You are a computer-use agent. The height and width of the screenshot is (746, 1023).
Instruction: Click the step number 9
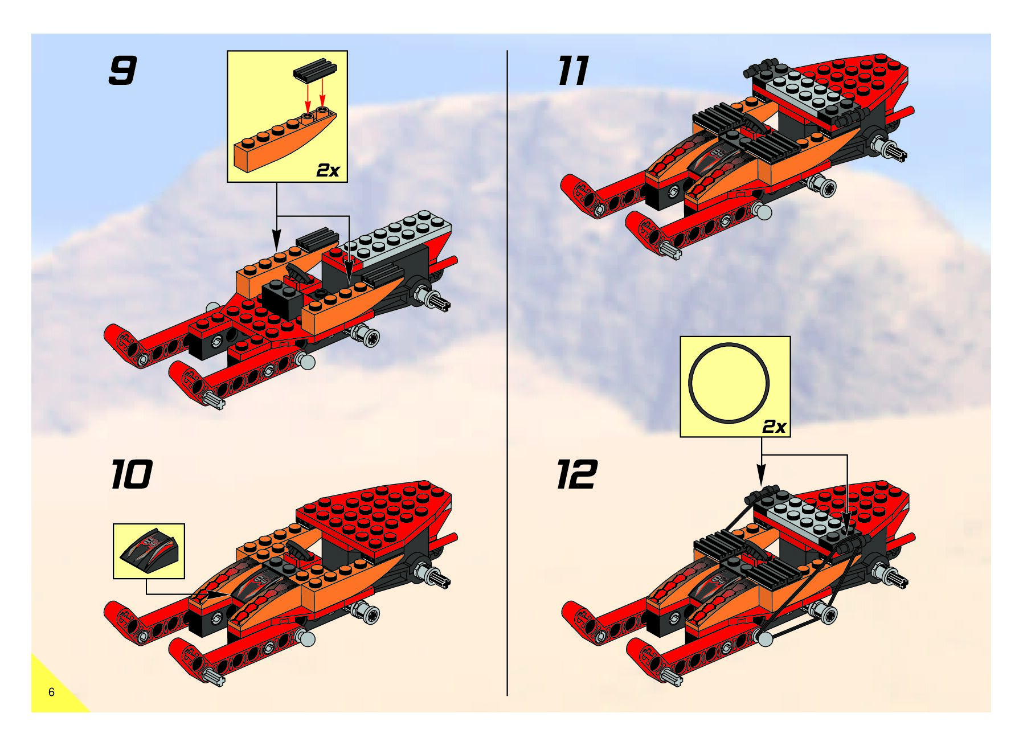(x=122, y=71)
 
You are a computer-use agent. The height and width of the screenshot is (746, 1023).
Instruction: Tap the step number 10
(x=131, y=474)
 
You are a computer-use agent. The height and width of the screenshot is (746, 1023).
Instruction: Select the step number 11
(x=573, y=71)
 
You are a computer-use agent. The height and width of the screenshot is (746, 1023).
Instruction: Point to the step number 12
(x=576, y=474)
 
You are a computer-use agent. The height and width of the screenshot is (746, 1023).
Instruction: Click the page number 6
(x=51, y=692)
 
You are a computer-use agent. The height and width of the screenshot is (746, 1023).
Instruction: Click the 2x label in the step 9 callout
(x=328, y=170)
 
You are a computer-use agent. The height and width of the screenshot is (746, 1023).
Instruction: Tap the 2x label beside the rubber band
(x=774, y=426)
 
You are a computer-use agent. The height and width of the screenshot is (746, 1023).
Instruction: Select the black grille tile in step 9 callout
(x=315, y=69)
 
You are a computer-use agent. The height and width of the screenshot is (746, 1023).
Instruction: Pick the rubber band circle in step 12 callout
(x=729, y=383)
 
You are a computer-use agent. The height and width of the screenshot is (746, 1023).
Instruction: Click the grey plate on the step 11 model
(x=809, y=94)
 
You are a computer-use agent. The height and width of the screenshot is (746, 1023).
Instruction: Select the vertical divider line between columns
(x=507, y=370)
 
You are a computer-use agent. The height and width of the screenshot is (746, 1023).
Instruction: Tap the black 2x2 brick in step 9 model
(x=282, y=298)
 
